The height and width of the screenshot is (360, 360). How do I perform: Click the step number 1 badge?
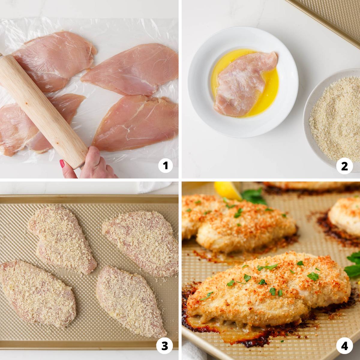tap(165, 165)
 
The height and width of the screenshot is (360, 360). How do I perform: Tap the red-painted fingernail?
tap(62, 164)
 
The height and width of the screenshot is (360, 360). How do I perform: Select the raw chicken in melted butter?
tap(245, 84)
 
